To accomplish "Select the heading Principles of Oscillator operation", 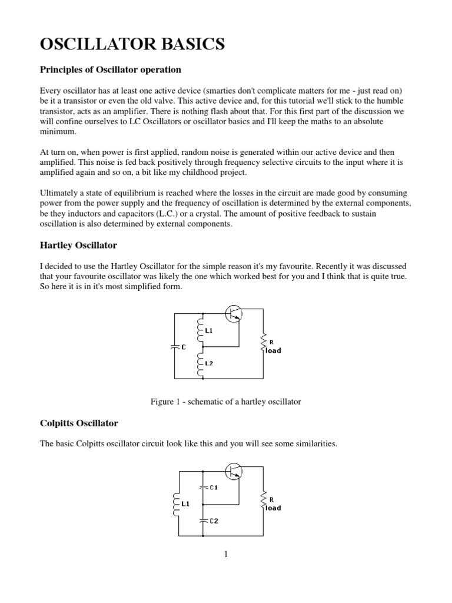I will tap(110, 70).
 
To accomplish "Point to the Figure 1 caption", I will tap(225, 402).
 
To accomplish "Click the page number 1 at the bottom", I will tap(225, 554).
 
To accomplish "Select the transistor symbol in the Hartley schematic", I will tap(233, 314).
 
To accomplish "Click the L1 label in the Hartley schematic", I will tap(209, 331).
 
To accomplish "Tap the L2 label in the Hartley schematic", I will tap(209, 363).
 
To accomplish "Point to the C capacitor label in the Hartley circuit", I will tap(184, 347).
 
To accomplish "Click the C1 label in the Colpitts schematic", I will tap(214, 488).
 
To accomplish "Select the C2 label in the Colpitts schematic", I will tap(214, 521).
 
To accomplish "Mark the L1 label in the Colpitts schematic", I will tap(185, 504).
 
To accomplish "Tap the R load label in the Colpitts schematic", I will tap(272, 503).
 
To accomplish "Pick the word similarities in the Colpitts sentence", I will tap(315, 444).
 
